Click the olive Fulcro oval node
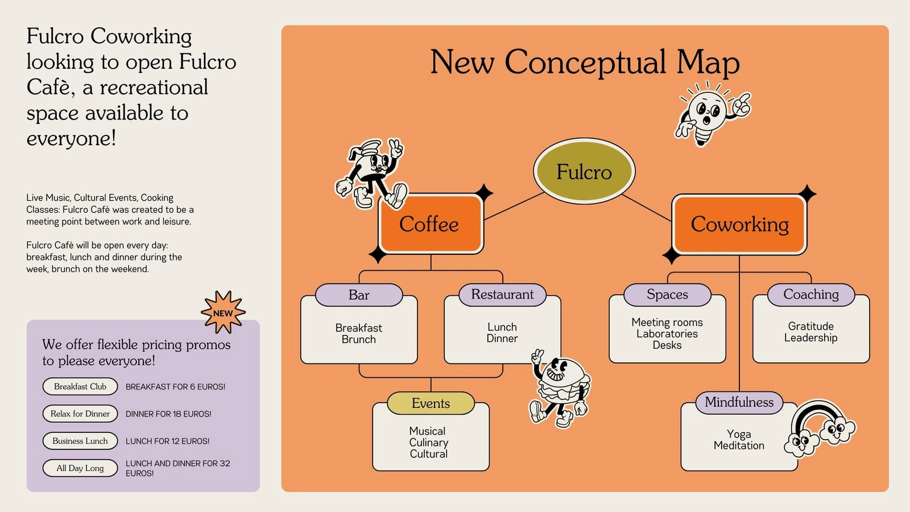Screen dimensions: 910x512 [584, 171]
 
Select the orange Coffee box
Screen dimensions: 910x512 [431, 224]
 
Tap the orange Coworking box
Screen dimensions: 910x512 [739, 224]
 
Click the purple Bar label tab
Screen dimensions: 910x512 [359, 295]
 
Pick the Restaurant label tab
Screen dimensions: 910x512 [503, 295]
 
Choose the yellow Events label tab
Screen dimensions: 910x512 [431, 403]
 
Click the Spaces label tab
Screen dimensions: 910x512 [668, 295]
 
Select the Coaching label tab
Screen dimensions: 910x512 [811, 295]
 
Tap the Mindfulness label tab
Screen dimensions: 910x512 [739, 402]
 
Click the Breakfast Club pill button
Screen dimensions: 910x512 [80, 386]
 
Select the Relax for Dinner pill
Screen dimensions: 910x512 [80, 414]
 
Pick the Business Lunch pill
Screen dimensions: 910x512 [80, 441]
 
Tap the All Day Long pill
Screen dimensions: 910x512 [80, 468]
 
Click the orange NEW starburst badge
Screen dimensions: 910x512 [223, 312]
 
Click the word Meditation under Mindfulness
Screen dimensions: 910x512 [739, 446]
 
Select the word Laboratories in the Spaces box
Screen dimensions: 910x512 [667, 333]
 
